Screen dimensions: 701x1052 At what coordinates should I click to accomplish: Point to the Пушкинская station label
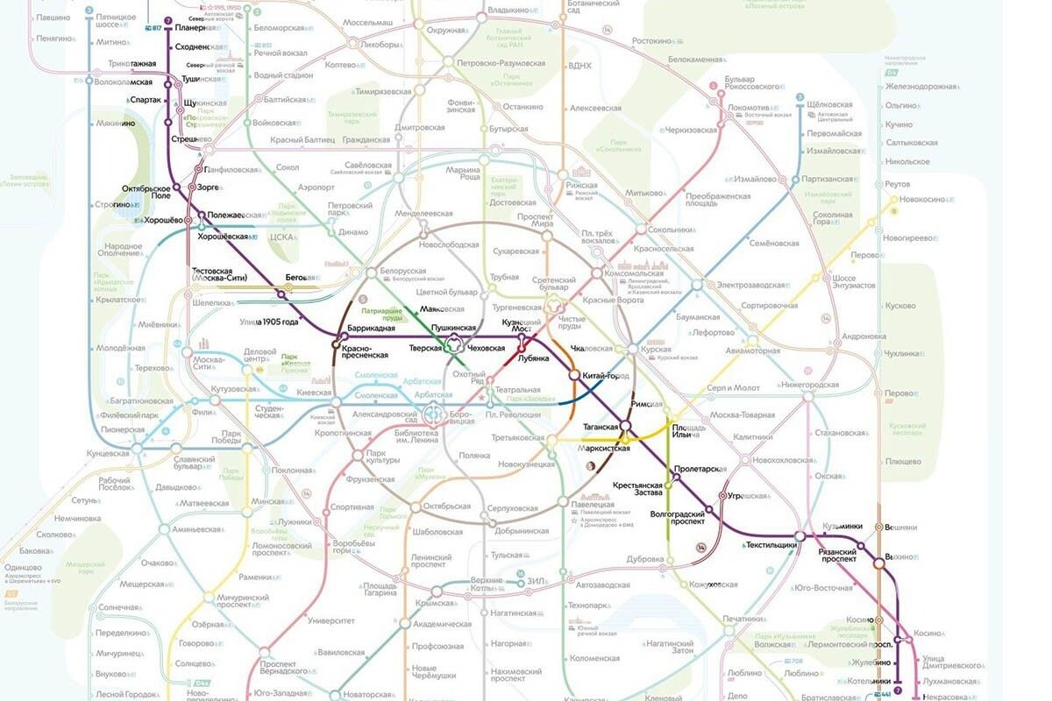pos(453,327)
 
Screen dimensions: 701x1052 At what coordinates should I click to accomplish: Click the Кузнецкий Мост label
pos(522,327)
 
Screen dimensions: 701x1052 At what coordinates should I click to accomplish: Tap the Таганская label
pos(601,427)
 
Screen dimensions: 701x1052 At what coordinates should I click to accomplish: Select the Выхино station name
pos(900,556)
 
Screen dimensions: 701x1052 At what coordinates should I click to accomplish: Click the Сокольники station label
pos(672,230)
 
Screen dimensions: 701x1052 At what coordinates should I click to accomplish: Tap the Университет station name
pos(331,620)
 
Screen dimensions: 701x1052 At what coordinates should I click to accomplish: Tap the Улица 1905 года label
pos(269,322)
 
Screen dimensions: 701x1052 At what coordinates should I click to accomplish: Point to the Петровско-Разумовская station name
pos(500,63)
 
